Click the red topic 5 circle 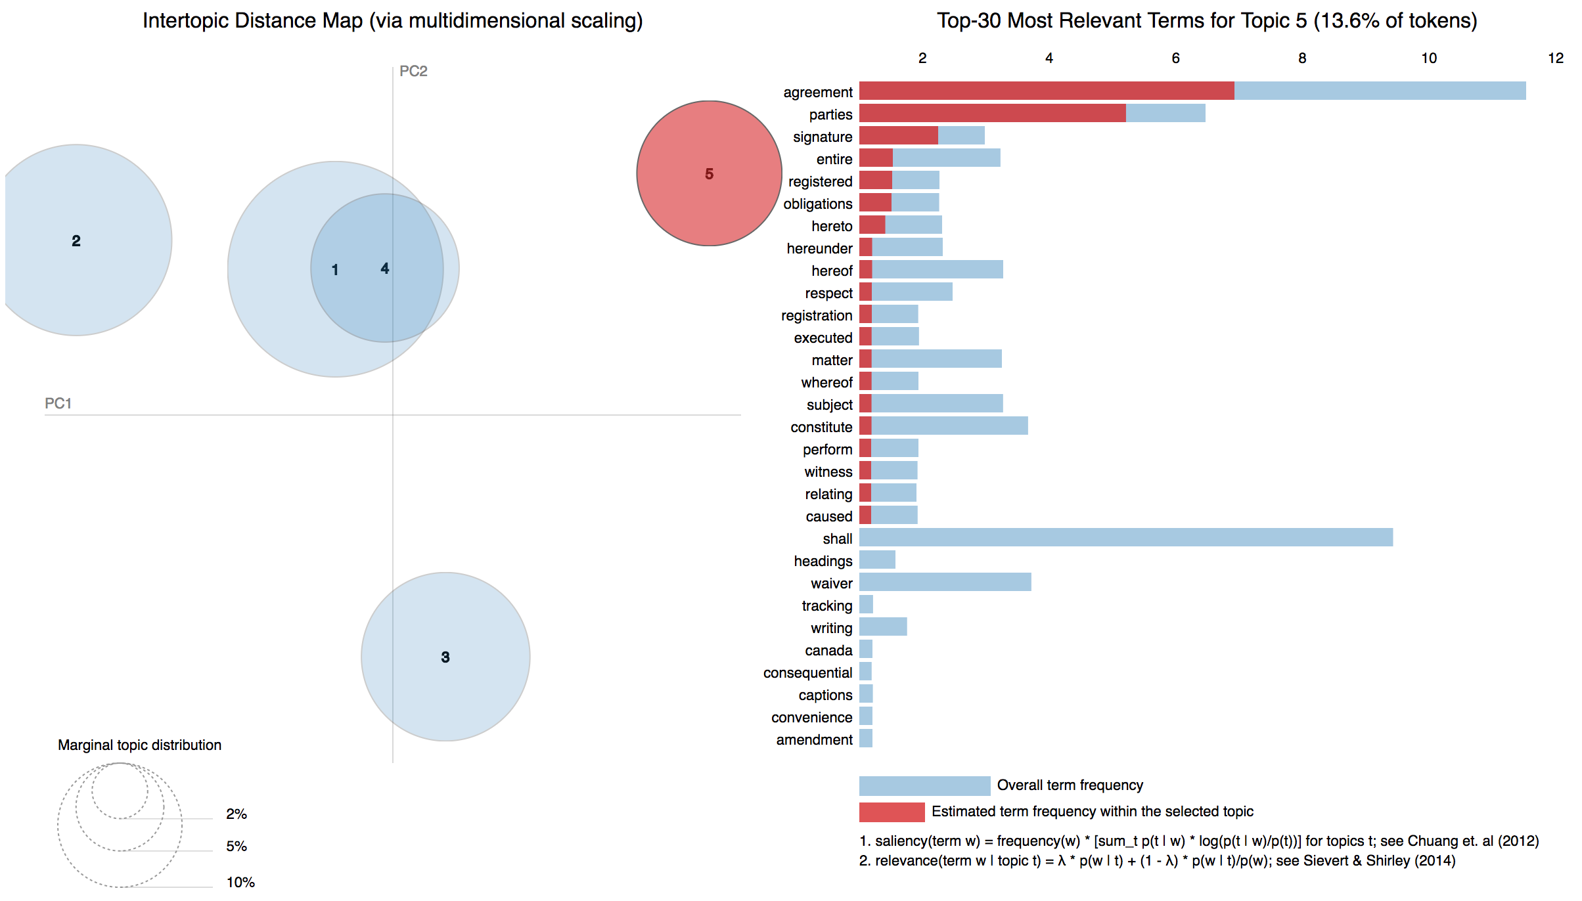point(709,197)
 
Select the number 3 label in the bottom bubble point(445,657)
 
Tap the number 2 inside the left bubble point(76,241)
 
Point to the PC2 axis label point(413,71)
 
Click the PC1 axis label point(58,403)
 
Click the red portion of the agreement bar point(1046,91)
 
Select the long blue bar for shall point(1125,537)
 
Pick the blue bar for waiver point(945,582)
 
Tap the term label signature point(822,137)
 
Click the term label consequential point(807,672)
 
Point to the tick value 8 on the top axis point(1301,58)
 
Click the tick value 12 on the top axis point(1555,58)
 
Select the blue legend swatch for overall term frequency point(924,785)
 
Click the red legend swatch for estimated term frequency point(892,812)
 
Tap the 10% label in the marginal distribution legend point(240,882)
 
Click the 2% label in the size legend point(236,814)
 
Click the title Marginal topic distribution point(139,745)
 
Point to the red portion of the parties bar point(992,113)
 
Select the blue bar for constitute point(949,426)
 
